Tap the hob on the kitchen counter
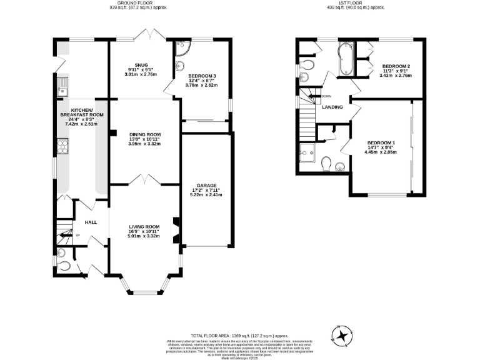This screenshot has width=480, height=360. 62,146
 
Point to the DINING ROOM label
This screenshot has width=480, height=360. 145,134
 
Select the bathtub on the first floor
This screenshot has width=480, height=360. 346,59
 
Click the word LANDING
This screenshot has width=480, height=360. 332,107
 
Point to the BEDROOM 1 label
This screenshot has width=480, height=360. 381,143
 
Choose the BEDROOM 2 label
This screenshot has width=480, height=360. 396,66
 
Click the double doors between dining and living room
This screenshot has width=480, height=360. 145,180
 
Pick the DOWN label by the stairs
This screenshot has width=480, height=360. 326,96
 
